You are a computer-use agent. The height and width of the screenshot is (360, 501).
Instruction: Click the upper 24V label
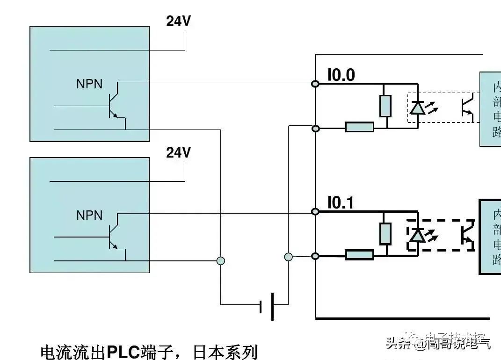point(179,22)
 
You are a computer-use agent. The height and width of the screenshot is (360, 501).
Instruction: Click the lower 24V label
point(179,153)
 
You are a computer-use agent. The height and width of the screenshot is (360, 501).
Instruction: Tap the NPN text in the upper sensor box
point(89,84)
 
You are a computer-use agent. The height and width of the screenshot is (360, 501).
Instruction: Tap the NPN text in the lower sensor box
point(89,215)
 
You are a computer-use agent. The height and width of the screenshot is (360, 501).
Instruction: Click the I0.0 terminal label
point(341,75)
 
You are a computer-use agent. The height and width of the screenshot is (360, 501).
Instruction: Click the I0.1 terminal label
point(341,203)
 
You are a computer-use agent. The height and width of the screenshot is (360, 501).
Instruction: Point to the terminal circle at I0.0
point(316,84)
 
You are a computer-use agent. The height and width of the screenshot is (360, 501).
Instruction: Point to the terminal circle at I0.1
point(316,212)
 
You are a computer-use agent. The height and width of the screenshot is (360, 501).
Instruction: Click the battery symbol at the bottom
point(267,306)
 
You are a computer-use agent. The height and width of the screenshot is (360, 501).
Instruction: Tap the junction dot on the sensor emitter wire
point(221,261)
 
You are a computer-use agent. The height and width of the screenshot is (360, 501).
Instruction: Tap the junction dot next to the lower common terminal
point(289,256)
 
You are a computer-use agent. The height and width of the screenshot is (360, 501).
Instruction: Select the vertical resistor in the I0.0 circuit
point(385,106)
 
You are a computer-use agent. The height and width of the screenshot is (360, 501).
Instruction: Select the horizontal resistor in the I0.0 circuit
point(359,127)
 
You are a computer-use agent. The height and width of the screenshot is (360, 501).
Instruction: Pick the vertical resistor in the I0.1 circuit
point(385,233)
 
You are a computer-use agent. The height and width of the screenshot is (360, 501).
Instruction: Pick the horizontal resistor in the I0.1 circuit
point(359,255)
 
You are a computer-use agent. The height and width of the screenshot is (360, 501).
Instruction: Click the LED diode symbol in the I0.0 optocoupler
point(417,108)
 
